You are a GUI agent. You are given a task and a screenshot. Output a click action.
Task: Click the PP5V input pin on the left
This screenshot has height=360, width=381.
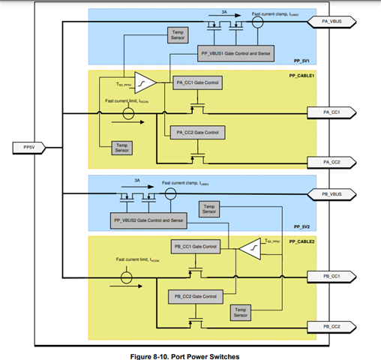point(27,148)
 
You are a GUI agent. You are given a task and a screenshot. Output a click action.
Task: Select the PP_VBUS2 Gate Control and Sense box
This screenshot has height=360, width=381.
point(147,221)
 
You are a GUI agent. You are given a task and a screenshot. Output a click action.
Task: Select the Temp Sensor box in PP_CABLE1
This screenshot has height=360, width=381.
point(121,148)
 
